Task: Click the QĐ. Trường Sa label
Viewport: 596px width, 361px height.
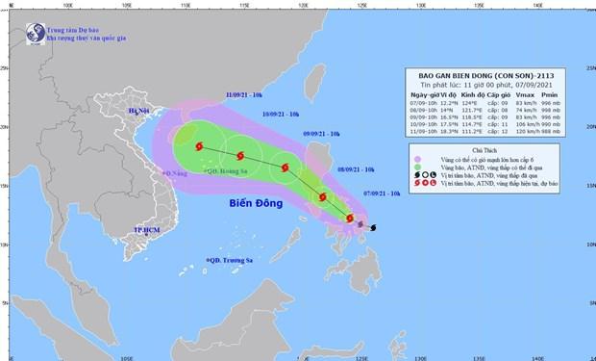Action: point(232,261)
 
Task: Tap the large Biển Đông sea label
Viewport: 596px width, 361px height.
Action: point(258,205)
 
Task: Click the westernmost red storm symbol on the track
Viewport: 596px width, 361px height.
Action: point(200,147)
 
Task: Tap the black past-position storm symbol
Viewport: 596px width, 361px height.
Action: point(373,228)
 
